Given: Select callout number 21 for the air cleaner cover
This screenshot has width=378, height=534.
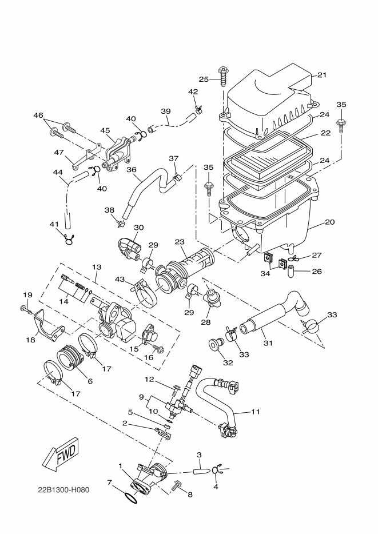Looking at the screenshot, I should pos(321,75).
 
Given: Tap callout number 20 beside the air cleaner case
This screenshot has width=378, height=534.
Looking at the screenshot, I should pos(330,222).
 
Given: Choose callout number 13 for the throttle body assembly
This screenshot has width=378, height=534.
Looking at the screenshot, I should pos(96,267).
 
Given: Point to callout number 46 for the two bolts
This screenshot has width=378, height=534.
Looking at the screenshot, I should pos(38,115).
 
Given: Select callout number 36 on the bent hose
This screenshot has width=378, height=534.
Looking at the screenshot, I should pos(131,170).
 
